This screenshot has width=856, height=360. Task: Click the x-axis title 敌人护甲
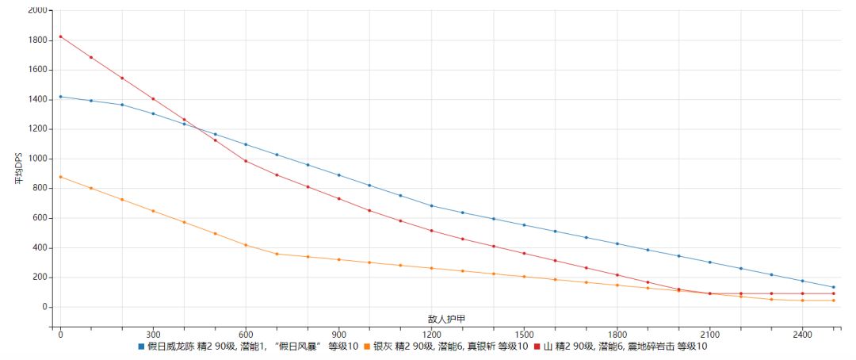tap(446, 319)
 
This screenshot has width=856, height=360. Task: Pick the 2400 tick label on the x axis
tap(802, 335)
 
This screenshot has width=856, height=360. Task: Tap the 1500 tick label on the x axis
tap(524, 335)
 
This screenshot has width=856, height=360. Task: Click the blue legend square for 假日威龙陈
tap(142, 347)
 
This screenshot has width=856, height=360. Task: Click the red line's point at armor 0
tap(60, 36)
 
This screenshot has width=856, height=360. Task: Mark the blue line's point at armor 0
tap(60, 97)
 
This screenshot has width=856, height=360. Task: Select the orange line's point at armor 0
tap(60, 177)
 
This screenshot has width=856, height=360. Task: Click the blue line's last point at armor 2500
tap(833, 287)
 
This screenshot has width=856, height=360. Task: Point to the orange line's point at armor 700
tap(277, 254)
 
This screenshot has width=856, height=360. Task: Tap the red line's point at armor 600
tap(246, 161)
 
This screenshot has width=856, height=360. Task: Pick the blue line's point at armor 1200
tap(431, 205)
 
